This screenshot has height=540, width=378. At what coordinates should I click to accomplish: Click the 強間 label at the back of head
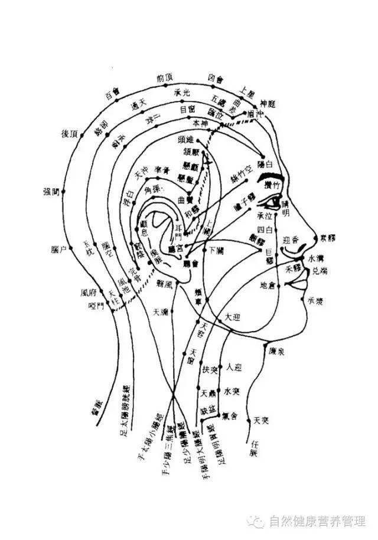click(51, 191)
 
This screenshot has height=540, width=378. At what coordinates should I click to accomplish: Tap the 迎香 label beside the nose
click(292, 240)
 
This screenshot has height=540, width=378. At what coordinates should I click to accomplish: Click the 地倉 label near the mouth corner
click(268, 286)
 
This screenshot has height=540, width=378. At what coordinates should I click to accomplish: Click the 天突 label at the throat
click(261, 420)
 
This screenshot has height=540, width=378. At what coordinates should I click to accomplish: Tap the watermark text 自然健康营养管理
click(317, 522)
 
